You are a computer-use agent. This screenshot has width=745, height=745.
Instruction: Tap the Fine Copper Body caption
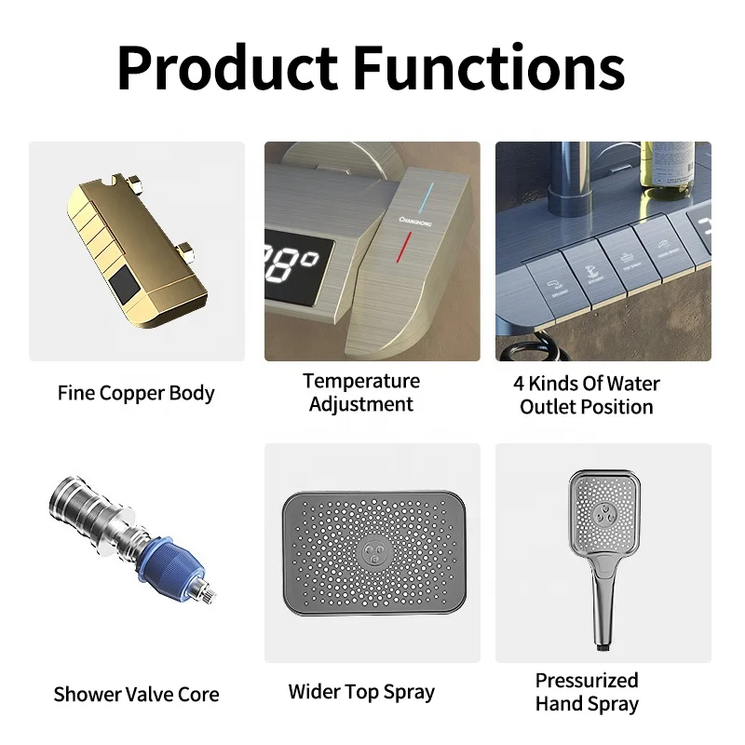pos(136,392)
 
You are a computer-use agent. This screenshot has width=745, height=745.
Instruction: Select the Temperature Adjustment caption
pos(361,392)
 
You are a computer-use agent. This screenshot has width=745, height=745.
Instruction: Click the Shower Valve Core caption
pos(136,694)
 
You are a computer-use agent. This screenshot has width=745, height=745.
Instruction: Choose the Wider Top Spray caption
pos(361,691)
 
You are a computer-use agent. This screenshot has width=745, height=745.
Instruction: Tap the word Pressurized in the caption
pos(587,680)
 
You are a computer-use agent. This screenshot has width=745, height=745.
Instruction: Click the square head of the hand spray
pos(604,514)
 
